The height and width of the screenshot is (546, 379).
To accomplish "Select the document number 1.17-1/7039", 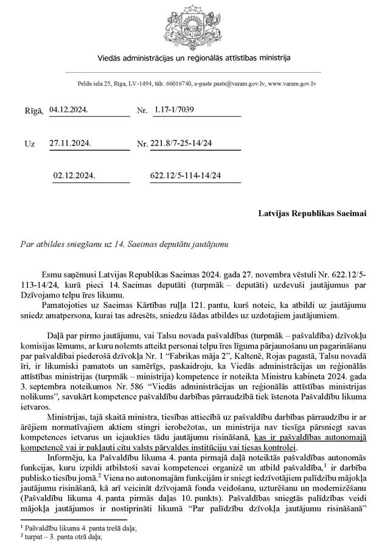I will [176, 110].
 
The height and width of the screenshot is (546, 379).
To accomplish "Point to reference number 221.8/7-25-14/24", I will [186, 143].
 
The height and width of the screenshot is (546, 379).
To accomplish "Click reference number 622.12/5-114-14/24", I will [186, 176].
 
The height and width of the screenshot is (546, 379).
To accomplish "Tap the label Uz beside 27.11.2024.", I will [29, 144].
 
